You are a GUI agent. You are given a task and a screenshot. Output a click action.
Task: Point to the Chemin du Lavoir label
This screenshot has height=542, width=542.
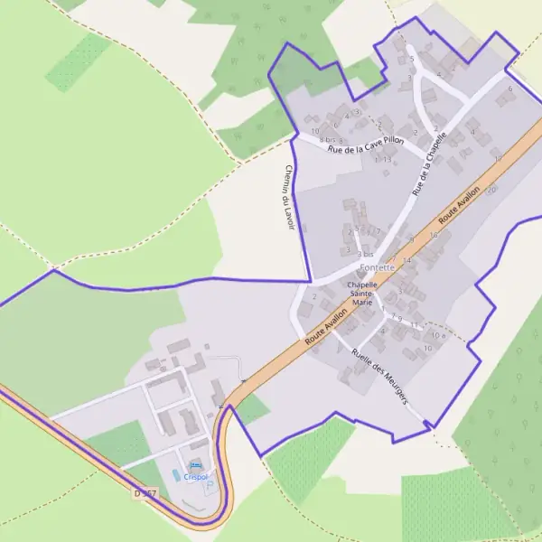[x=289, y=197]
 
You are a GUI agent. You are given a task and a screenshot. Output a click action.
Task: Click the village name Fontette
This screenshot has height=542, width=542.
[x=377, y=267]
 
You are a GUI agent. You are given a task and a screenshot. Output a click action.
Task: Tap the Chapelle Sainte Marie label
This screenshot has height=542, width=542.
[x=361, y=293]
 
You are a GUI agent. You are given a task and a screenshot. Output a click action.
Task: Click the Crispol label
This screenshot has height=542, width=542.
[x=196, y=476]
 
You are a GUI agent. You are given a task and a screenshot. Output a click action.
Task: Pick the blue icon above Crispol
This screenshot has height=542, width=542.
[x=196, y=464]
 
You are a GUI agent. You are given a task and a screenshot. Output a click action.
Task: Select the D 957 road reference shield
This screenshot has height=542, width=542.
[x=145, y=494]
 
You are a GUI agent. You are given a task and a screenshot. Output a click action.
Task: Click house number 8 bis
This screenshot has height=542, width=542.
[x=332, y=140]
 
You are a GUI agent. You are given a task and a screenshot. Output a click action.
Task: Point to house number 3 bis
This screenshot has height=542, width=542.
[x=365, y=255]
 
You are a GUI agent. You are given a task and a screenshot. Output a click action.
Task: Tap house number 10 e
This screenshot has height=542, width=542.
[x=437, y=334]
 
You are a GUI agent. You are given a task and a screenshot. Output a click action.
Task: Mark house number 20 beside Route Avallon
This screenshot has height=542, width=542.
[x=492, y=190]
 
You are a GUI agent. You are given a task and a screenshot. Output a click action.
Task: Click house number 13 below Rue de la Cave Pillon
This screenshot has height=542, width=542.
[x=387, y=159]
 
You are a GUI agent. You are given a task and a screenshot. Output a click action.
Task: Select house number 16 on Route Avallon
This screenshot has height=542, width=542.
[x=434, y=235]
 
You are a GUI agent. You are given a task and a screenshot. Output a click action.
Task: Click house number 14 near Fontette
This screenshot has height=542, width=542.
[x=406, y=260]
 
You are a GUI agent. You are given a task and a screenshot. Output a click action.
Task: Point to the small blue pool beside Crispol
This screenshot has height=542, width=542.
[x=176, y=474]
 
